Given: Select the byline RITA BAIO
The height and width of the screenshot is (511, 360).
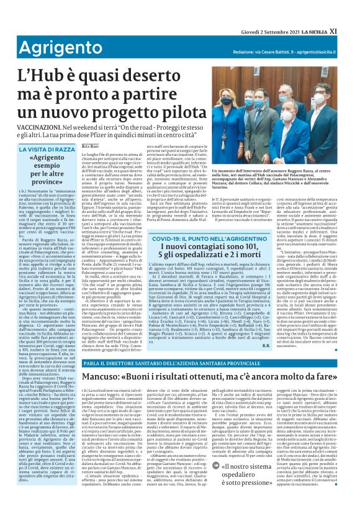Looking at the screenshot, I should pyautogui.click(x=91, y=145).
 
